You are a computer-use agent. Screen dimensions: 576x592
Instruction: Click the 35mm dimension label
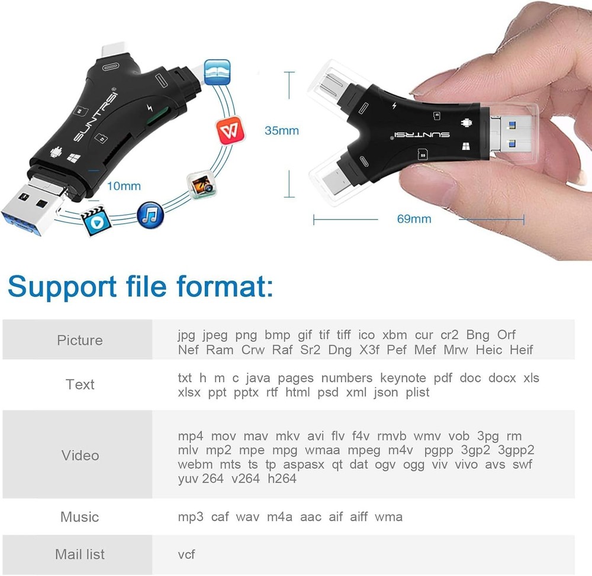point(281,130)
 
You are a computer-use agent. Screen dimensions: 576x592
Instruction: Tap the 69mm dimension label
point(414,219)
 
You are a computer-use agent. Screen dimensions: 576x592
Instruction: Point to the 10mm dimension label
point(124,186)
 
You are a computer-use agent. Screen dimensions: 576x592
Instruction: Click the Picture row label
point(79,340)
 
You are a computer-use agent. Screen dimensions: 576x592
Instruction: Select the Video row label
point(80,455)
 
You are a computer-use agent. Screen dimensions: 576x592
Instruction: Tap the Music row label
point(79,517)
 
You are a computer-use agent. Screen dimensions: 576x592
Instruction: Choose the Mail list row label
point(79,554)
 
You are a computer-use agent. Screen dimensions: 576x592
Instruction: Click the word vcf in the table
point(186,554)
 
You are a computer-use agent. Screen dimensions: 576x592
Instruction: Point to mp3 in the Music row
point(191,517)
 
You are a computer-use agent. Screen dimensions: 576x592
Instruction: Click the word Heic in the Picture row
point(489,350)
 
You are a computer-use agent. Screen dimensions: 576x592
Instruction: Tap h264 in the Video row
point(282,478)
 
